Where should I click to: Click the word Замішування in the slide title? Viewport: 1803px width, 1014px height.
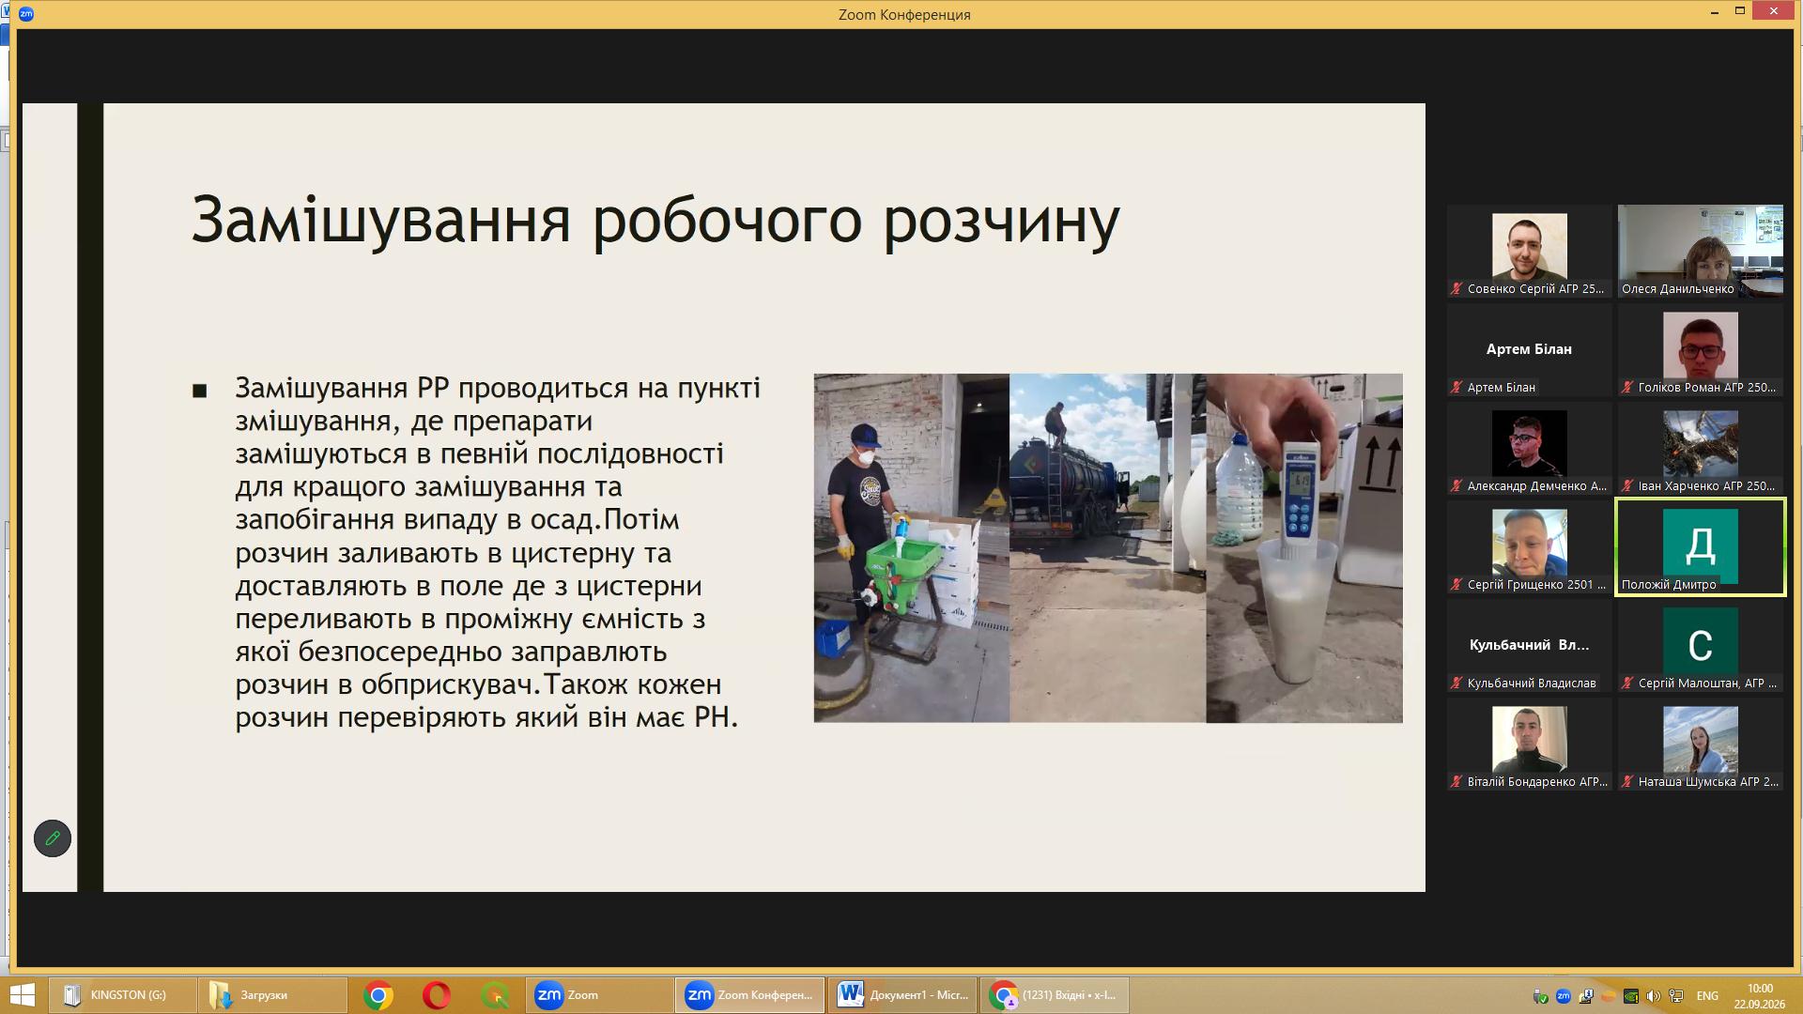pos(381,221)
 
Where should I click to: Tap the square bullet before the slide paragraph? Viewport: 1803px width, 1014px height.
pos(199,391)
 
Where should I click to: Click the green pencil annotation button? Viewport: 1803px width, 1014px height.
pos(53,838)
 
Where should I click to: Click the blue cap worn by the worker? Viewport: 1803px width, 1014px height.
pos(866,437)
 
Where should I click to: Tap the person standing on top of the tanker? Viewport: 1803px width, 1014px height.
pos(1056,424)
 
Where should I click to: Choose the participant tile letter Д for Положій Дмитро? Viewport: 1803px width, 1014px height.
pos(1700,545)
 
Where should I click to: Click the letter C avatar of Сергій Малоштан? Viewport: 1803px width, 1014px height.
pos(1700,644)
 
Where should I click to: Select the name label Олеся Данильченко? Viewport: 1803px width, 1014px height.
pos(1677,289)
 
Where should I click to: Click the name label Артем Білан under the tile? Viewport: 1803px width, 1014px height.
pos(1501,388)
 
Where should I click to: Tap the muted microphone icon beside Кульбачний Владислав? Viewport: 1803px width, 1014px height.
pos(1456,684)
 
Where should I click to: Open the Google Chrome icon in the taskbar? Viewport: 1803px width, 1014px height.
pos(378,995)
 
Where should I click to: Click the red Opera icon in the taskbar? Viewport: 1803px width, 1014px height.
pos(437,995)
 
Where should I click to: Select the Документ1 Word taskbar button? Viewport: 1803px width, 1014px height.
pos(901,995)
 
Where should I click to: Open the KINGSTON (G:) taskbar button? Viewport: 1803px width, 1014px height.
pos(122,995)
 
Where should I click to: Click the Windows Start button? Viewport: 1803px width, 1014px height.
pos(22,995)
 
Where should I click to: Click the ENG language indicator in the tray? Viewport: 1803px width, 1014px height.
pos(1707,996)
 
